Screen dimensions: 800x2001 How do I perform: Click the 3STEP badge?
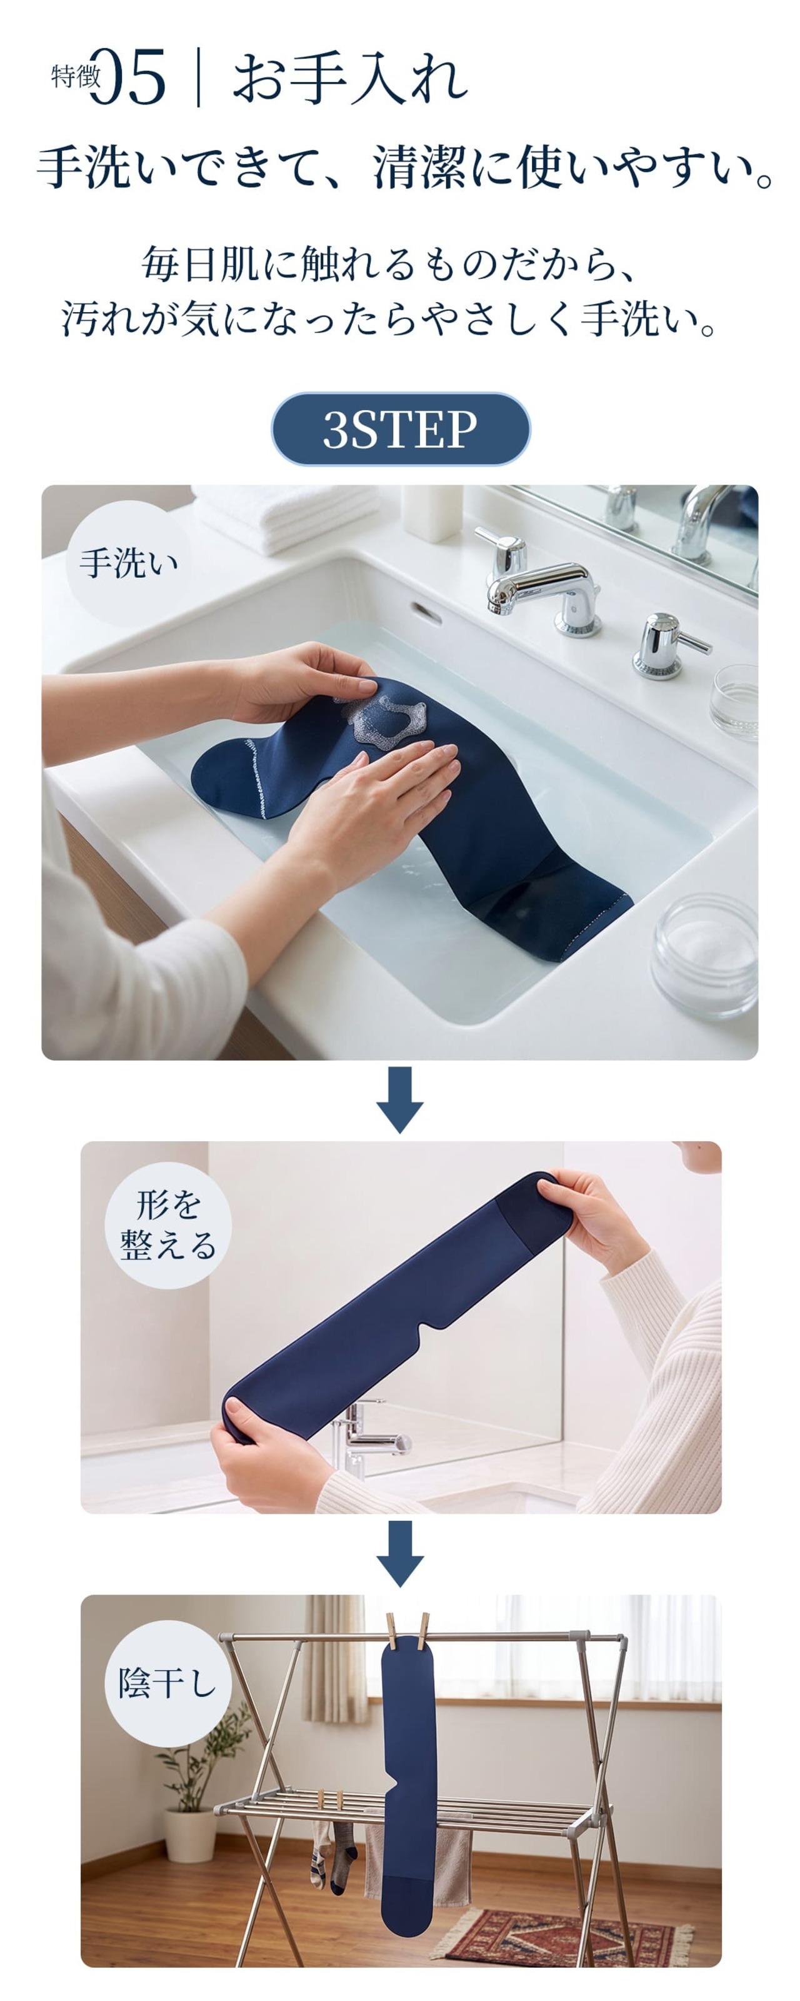[x=400, y=429]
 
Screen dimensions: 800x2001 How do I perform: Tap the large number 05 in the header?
[x=128, y=76]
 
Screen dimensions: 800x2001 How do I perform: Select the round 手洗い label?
[x=129, y=563]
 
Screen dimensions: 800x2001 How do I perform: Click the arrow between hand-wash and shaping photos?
[x=400, y=1099]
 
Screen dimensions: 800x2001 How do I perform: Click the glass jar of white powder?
[x=705, y=955]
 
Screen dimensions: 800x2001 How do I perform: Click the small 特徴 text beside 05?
[x=76, y=77]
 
